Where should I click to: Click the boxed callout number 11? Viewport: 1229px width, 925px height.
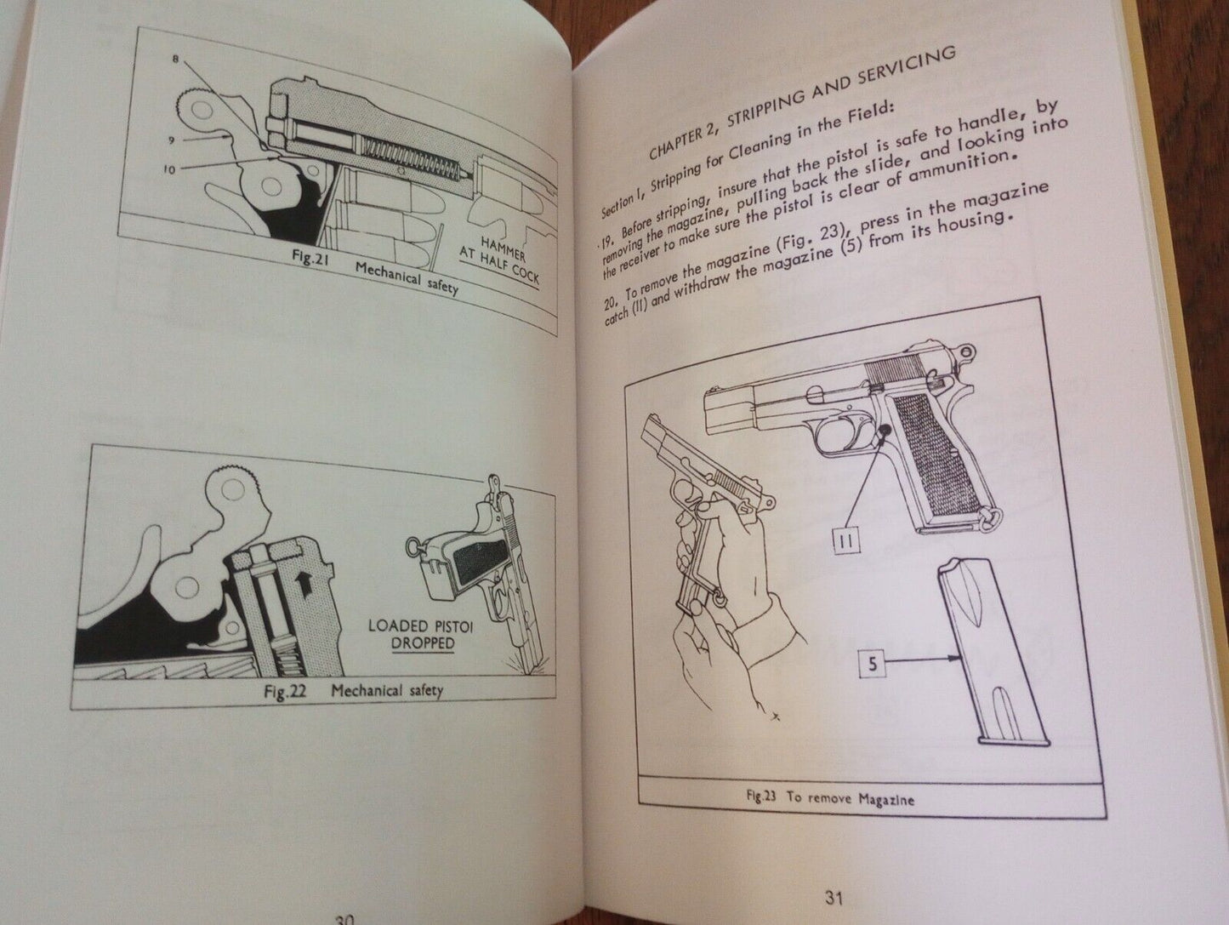click(x=847, y=541)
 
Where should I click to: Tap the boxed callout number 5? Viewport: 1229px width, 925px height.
click(x=873, y=664)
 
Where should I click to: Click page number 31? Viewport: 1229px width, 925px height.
click(x=834, y=899)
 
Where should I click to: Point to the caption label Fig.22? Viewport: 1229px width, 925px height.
click(x=286, y=693)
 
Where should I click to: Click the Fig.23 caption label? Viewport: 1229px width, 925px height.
click(x=761, y=797)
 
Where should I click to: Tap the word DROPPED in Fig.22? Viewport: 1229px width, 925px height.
click(x=423, y=643)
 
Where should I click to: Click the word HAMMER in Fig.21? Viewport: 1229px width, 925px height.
click(x=503, y=248)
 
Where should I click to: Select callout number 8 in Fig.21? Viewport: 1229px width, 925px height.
click(x=175, y=58)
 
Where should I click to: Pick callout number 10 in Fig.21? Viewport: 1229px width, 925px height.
click(x=169, y=169)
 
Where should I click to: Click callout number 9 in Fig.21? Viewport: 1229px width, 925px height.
click(x=172, y=140)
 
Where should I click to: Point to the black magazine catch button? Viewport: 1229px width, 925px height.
click(x=883, y=431)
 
